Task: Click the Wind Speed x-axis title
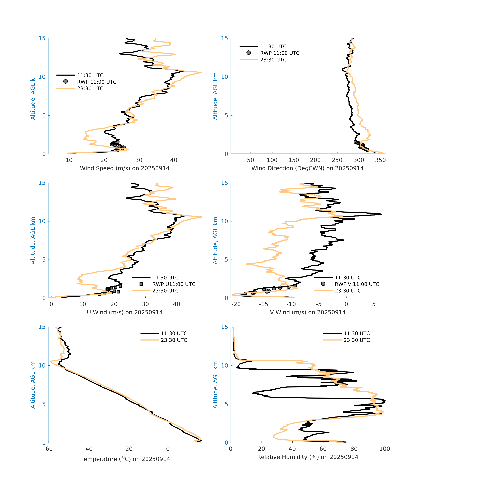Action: (x=125, y=168)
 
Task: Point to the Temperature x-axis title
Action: (x=125, y=459)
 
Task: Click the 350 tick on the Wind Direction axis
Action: (x=380, y=160)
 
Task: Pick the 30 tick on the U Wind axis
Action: (x=145, y=304)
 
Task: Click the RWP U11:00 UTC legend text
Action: (x=174, y=284)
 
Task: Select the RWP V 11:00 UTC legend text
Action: (x=357, y=284)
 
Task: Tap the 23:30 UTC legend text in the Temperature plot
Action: (x=174, y=340)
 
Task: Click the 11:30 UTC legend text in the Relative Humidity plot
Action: (x=356, y=333)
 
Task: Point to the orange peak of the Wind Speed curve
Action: (x=201, y=72)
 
